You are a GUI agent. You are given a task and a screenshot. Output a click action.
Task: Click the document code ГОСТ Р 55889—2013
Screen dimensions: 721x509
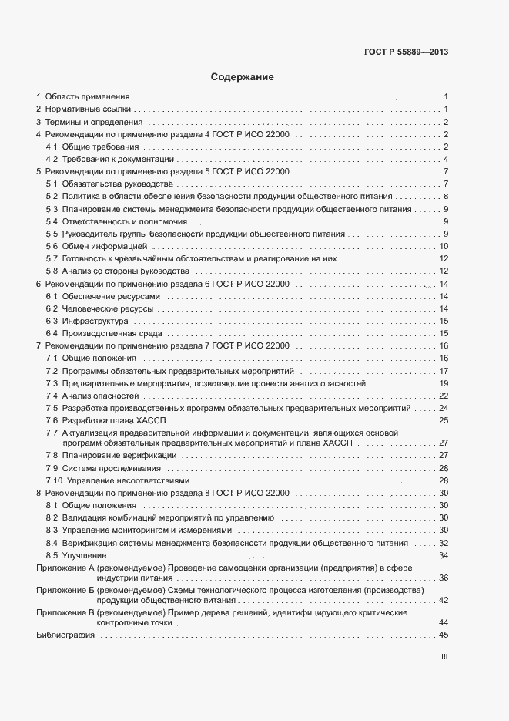coord(405,52)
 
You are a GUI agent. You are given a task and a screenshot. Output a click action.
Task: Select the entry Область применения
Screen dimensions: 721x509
coord(87,96)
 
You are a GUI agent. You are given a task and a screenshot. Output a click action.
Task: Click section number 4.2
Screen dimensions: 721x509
coord(52,160)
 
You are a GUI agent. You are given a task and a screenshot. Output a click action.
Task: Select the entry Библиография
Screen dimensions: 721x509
coord(65,635)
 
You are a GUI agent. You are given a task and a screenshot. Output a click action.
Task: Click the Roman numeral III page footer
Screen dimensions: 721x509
coord(444,657)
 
